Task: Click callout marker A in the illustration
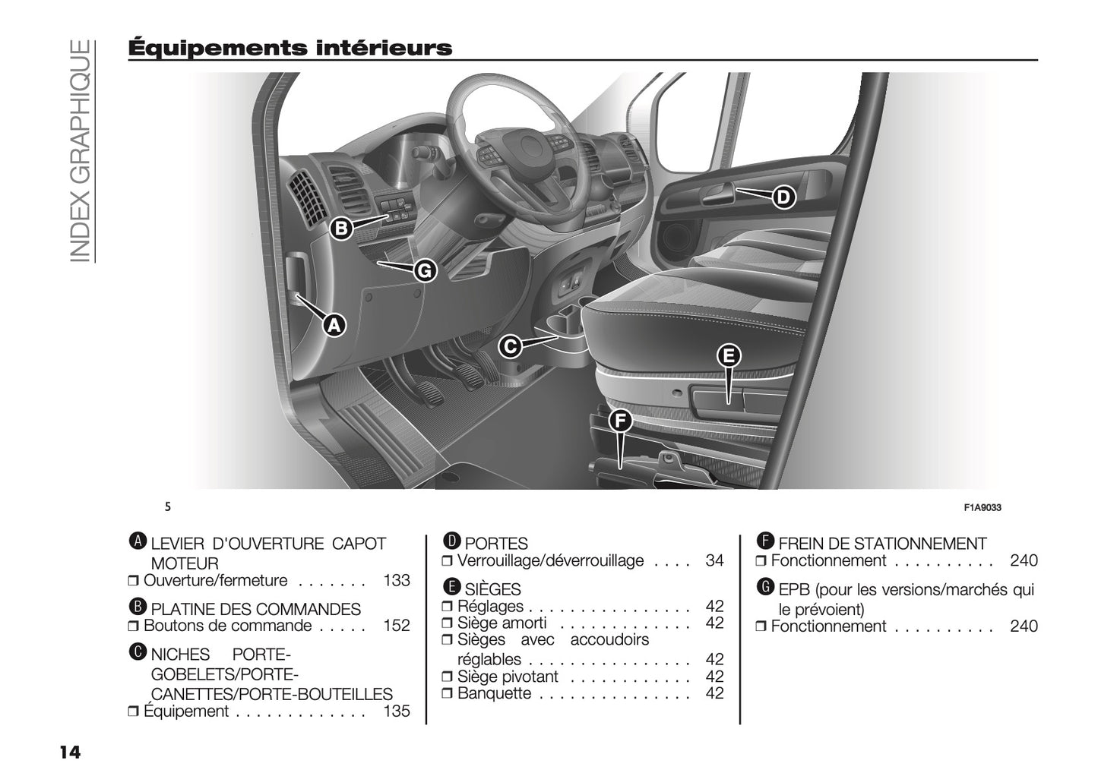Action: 332,325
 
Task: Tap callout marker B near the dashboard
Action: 341,228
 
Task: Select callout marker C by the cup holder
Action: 510,347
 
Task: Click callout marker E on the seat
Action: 728,355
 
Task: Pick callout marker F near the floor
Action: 621,420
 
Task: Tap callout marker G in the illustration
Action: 425,270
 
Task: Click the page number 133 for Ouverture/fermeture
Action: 396,581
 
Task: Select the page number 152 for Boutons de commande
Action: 396,626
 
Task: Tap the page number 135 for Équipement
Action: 396,711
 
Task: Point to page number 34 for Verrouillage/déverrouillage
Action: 714,561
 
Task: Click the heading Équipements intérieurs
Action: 290,48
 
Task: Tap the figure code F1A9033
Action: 983,508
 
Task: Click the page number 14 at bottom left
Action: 69,752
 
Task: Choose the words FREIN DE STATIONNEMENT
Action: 882,544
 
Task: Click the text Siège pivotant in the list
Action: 508,677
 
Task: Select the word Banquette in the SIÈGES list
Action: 494,693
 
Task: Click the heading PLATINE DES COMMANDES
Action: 255,609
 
